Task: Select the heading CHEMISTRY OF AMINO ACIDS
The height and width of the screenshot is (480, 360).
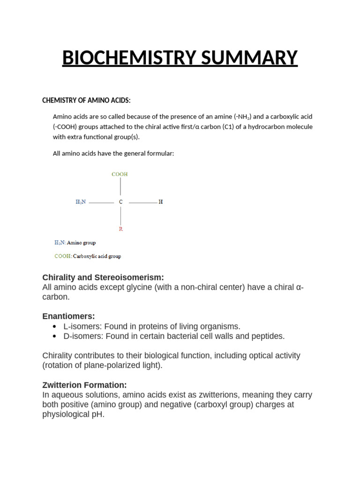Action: coord(86,100)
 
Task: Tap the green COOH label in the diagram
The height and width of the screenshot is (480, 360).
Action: coord(120,174)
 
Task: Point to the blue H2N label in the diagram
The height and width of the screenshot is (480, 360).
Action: coord(81,202)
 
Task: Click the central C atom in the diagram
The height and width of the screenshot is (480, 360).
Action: coord(120,202)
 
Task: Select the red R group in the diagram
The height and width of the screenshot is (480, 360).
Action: coord(121,229)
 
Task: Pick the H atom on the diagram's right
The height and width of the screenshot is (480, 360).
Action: coord(161,202)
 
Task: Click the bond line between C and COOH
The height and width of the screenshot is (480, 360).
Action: coord(120,187)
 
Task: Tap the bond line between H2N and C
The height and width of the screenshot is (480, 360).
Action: coord(101,202)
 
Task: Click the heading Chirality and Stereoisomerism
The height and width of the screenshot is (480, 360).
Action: coord(103,277)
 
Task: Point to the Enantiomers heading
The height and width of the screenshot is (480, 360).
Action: coord(68,316)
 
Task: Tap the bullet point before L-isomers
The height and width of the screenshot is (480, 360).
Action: coord(55,327)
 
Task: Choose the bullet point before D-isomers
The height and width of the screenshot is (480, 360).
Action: coord(55,337)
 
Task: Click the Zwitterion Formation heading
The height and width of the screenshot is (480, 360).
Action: coord(84,385)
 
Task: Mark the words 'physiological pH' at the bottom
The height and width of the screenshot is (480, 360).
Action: coord(73,414)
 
